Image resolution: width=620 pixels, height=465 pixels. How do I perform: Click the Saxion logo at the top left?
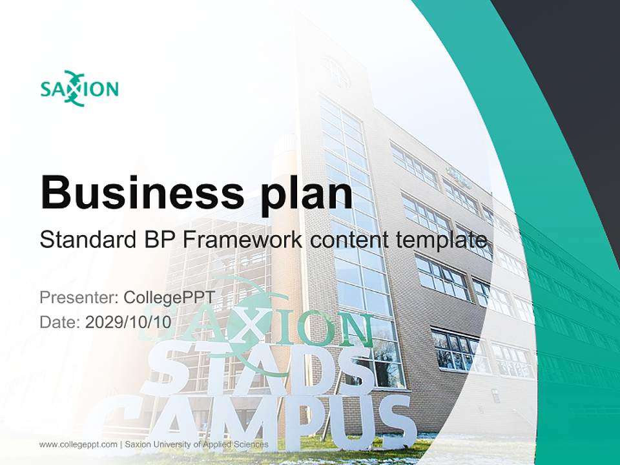[x=79, y=88]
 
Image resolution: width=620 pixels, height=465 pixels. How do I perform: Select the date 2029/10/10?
[x=129, y=322]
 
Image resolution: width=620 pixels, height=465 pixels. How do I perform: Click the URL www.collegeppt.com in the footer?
[x=78, y=444]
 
